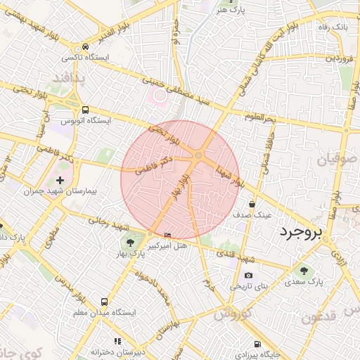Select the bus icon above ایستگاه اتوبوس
click(86, 110)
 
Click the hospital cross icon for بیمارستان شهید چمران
click(60, 180)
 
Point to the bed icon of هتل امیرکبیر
click(167, 235)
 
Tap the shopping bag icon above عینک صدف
click(252, 204)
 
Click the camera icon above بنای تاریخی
click(247, 276)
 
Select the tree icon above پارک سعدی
click(304, 270)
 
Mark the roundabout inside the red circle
click(199, 155)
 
